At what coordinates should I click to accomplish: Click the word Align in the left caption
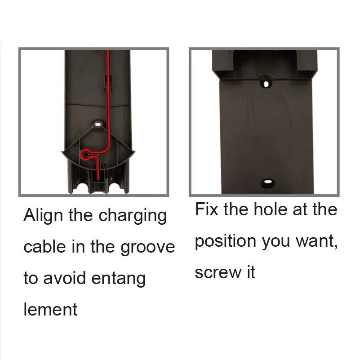tap(44, 216)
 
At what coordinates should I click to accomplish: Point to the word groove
tap(147, 248)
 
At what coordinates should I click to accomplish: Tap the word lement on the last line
tap(50, 309)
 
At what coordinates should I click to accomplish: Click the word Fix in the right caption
tap(207, 210)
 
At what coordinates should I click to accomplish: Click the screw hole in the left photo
tap(98, 122)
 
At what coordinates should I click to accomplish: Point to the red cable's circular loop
tap(84, 155)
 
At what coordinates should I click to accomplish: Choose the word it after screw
tap(250, 272)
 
